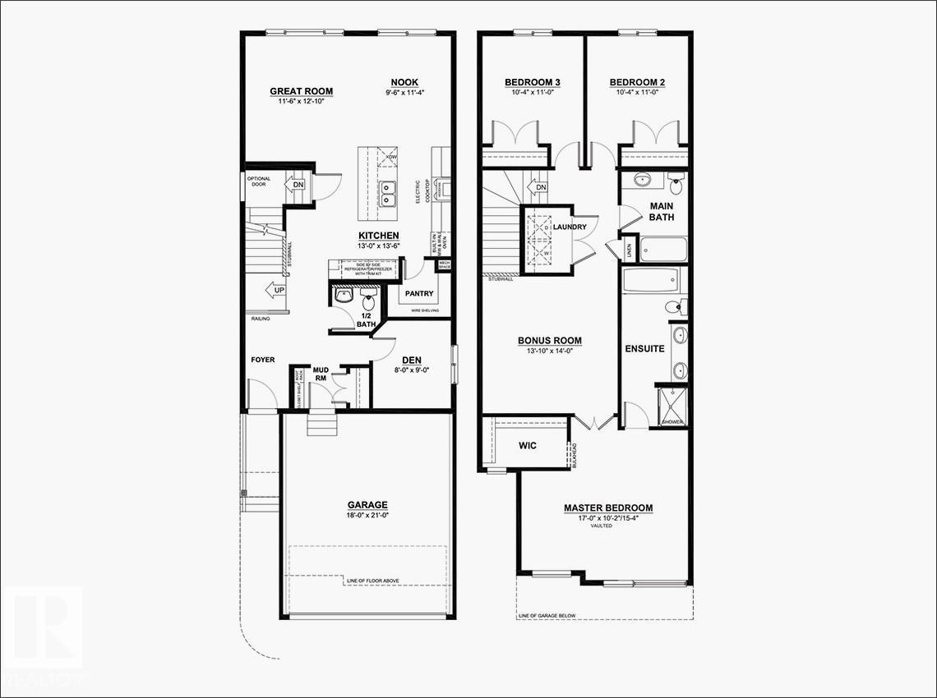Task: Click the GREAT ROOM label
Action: coord(302,91)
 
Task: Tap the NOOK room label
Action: coord(404,82)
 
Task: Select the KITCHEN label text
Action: coord(378,236)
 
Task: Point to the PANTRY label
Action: coord(418,293)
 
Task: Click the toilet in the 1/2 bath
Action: coord(367,294)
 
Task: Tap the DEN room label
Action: coord(412,360)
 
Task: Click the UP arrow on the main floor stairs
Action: coord(271,290)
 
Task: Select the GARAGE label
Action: coord(367,505)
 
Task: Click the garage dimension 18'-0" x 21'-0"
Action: coord(367,516)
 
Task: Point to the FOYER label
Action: coord(263,360)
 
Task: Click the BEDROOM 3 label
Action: coord(533,82)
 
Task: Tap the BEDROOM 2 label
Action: coord(637,82)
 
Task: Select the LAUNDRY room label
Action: coord(570,227)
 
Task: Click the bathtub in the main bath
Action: coord(662,248)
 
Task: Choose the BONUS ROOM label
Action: coord(550,341)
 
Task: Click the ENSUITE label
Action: coord(645,348)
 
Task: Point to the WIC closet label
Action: coord(528,446)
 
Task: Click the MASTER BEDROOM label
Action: coord(608,508)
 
